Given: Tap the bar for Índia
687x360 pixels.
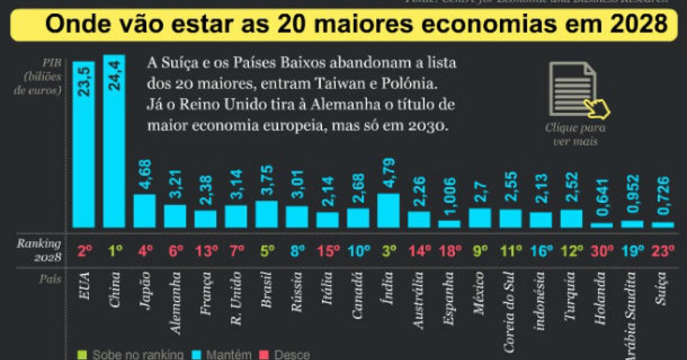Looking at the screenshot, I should point(389,211).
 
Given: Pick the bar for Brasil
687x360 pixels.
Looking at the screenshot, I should point(267,214).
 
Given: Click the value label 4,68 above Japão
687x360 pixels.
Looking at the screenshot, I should point(145,175).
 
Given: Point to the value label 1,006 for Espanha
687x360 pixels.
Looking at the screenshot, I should point(449,197).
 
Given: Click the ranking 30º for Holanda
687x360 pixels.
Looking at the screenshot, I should point(602,250).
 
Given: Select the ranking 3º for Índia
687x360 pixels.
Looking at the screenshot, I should point(389,250).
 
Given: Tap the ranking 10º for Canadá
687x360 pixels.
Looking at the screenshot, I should point(358,250).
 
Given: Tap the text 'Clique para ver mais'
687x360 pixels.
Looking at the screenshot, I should point(575,135).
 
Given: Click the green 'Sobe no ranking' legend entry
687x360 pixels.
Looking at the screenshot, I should point(130,355).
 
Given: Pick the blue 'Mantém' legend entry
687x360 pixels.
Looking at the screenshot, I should point(225,355).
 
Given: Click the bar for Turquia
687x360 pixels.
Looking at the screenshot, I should point(571,218).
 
